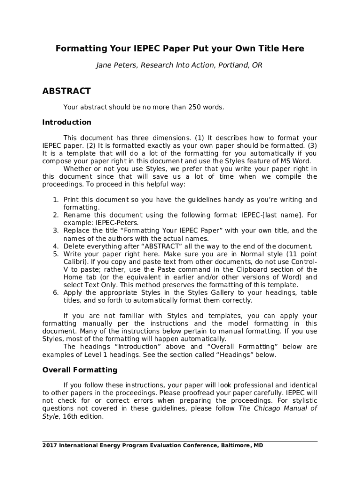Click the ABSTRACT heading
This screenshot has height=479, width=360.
click(x=66, y=91)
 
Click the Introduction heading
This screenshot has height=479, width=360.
click(x=67, y=123)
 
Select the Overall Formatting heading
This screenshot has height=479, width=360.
click(x=79, y=370)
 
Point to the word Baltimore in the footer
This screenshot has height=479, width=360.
click(x=235, y=446)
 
